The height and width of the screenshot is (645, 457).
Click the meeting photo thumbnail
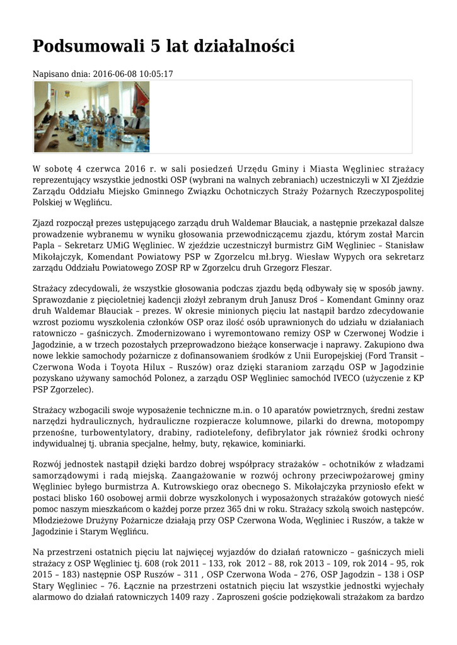pyautogui.click(x=92, y=117)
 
